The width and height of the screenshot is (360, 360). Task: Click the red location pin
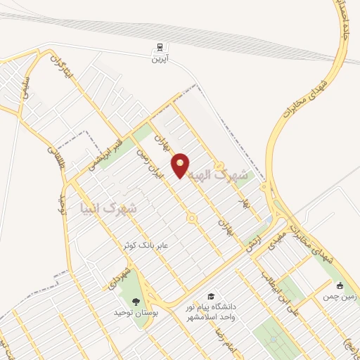pos(181,165)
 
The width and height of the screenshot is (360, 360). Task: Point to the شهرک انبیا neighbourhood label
pos(108,209)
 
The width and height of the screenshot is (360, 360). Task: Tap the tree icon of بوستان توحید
pos(136,302)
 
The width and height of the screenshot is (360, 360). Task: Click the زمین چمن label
pos(342,297)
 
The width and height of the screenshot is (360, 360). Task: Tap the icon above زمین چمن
pos(340,285)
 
